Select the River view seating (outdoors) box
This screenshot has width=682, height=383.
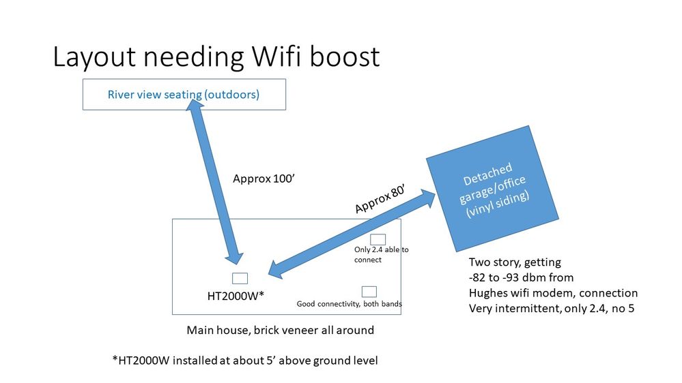[184, 95]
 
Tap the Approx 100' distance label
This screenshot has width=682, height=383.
[264, 179]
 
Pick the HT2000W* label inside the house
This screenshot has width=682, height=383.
[236, 296]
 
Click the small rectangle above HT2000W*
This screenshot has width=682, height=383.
[240, 278]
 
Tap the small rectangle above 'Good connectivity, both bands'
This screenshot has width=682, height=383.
[369, 292]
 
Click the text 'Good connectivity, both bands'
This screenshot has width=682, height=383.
[349, 304]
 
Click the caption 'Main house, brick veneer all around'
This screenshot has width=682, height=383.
[280, 330]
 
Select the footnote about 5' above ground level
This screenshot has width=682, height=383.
[245, 361]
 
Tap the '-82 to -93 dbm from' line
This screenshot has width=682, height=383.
[521, 277]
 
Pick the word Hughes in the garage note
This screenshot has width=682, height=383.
[487, 293]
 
